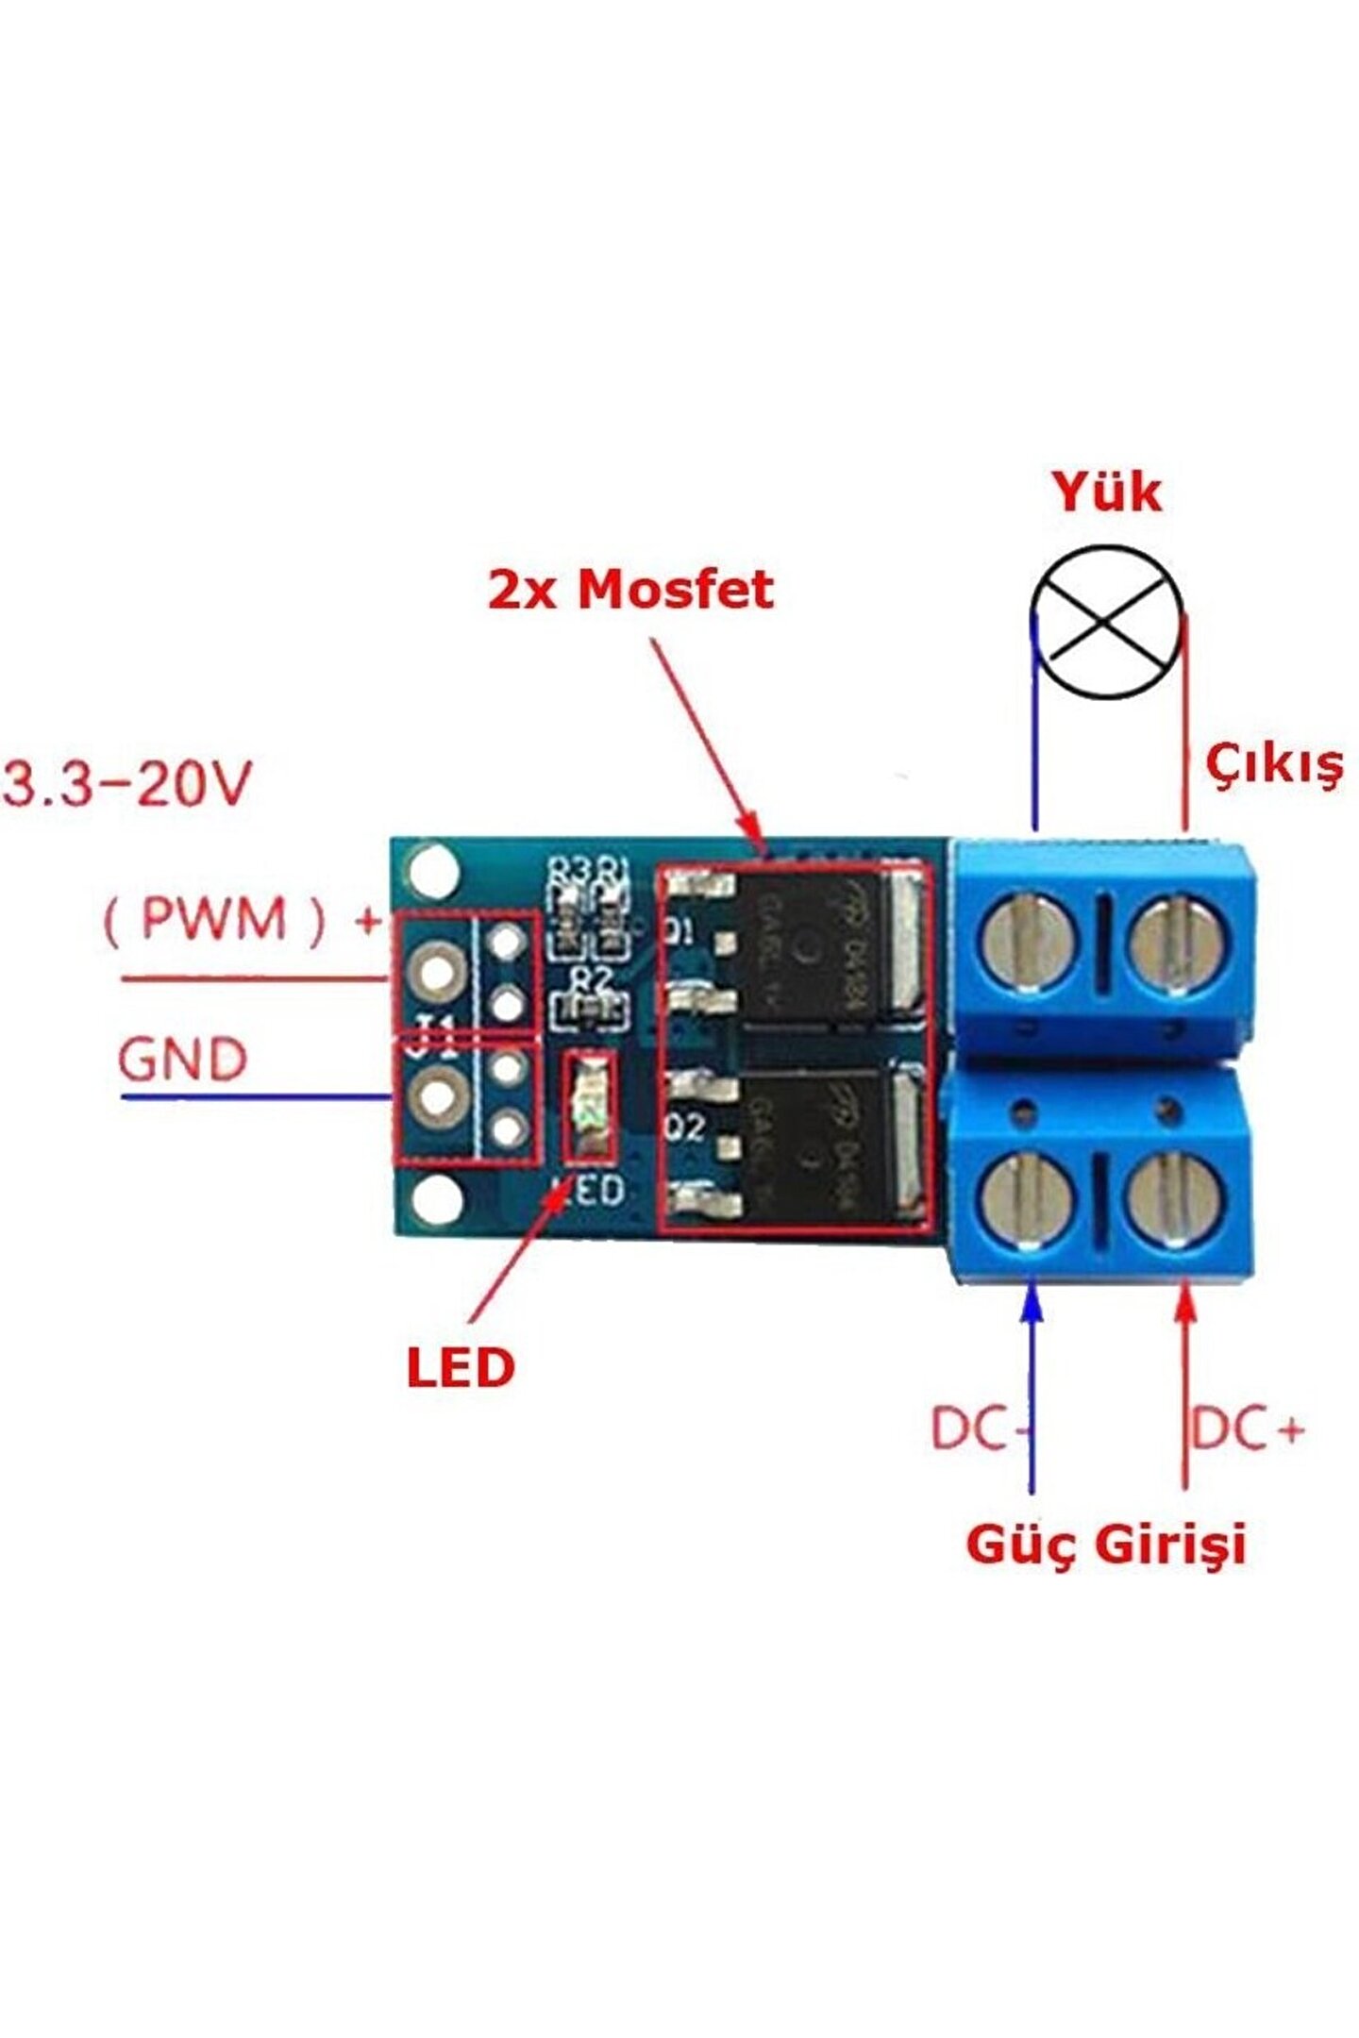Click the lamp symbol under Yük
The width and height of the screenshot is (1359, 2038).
[1105, 622]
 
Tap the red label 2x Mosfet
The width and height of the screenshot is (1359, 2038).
[630, 590]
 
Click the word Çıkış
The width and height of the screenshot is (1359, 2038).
[1274, 765]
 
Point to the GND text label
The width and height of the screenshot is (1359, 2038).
[183, 1060]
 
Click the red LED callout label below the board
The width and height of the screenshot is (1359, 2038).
[461, 1367]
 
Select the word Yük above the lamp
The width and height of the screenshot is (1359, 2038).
[1106, 493]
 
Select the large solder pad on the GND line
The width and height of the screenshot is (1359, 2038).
[436, 1097]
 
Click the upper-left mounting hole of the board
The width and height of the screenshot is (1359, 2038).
[435, 869]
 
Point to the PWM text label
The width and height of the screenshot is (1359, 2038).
[213, 917]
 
